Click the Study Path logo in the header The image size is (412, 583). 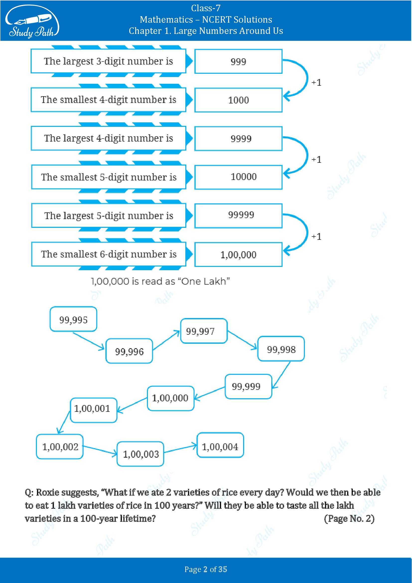click(32, 22)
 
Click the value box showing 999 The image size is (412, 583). click(238, 62)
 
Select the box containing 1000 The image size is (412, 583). click(238, 100)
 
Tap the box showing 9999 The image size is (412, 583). click(238, 139)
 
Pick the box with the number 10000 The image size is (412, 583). click(238, 177)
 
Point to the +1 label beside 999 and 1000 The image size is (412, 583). click(316, 83)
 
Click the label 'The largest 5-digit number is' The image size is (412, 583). click(109, 216)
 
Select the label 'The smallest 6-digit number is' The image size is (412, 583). click(109, 254)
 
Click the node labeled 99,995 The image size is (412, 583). click(73, 319)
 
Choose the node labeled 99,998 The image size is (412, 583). click(281, 349)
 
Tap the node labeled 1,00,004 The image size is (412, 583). click(220, 446)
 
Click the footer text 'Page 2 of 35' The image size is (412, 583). click(206, 569)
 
